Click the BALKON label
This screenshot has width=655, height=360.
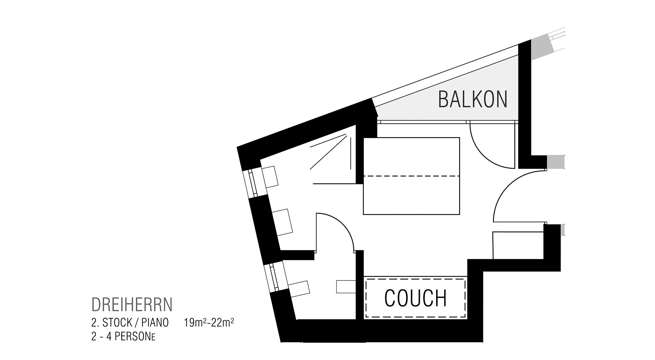point(473,99)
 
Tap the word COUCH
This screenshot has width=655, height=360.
point(416,298)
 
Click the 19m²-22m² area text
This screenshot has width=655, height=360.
point(209,323)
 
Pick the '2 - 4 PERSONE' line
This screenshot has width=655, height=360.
point(123,337)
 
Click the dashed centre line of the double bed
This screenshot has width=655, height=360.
point(411,176)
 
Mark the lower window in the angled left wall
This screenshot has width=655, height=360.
point(274,277)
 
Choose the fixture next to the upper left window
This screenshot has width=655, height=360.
point(270,177)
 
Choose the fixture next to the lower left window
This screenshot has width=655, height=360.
point(299,289)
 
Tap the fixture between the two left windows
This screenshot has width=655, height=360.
point(283,222)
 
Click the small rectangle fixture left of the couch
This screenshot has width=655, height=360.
point(346,287)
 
